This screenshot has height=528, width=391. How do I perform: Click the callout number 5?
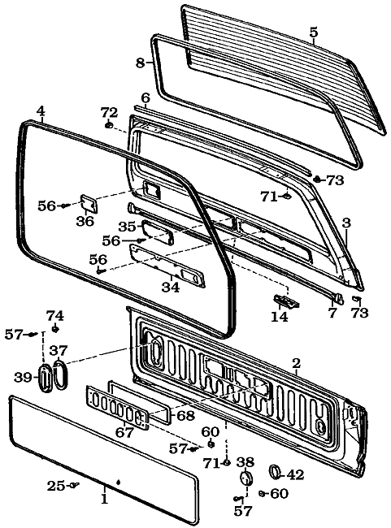point(314,32)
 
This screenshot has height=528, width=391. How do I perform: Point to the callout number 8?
point(140,63)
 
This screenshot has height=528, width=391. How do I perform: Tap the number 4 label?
point(41,110)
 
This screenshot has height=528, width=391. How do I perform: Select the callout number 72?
point(109,111)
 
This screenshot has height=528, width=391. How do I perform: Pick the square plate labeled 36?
point(87,202)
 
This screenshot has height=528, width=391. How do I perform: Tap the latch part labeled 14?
point(285,301)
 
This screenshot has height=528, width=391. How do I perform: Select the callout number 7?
point(332,313)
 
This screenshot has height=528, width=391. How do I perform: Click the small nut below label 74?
point(54,329)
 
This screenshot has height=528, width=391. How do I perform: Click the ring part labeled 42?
point(274,471)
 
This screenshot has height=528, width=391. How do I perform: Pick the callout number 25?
point(56,486)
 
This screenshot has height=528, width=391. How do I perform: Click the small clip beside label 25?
point(74,485)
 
